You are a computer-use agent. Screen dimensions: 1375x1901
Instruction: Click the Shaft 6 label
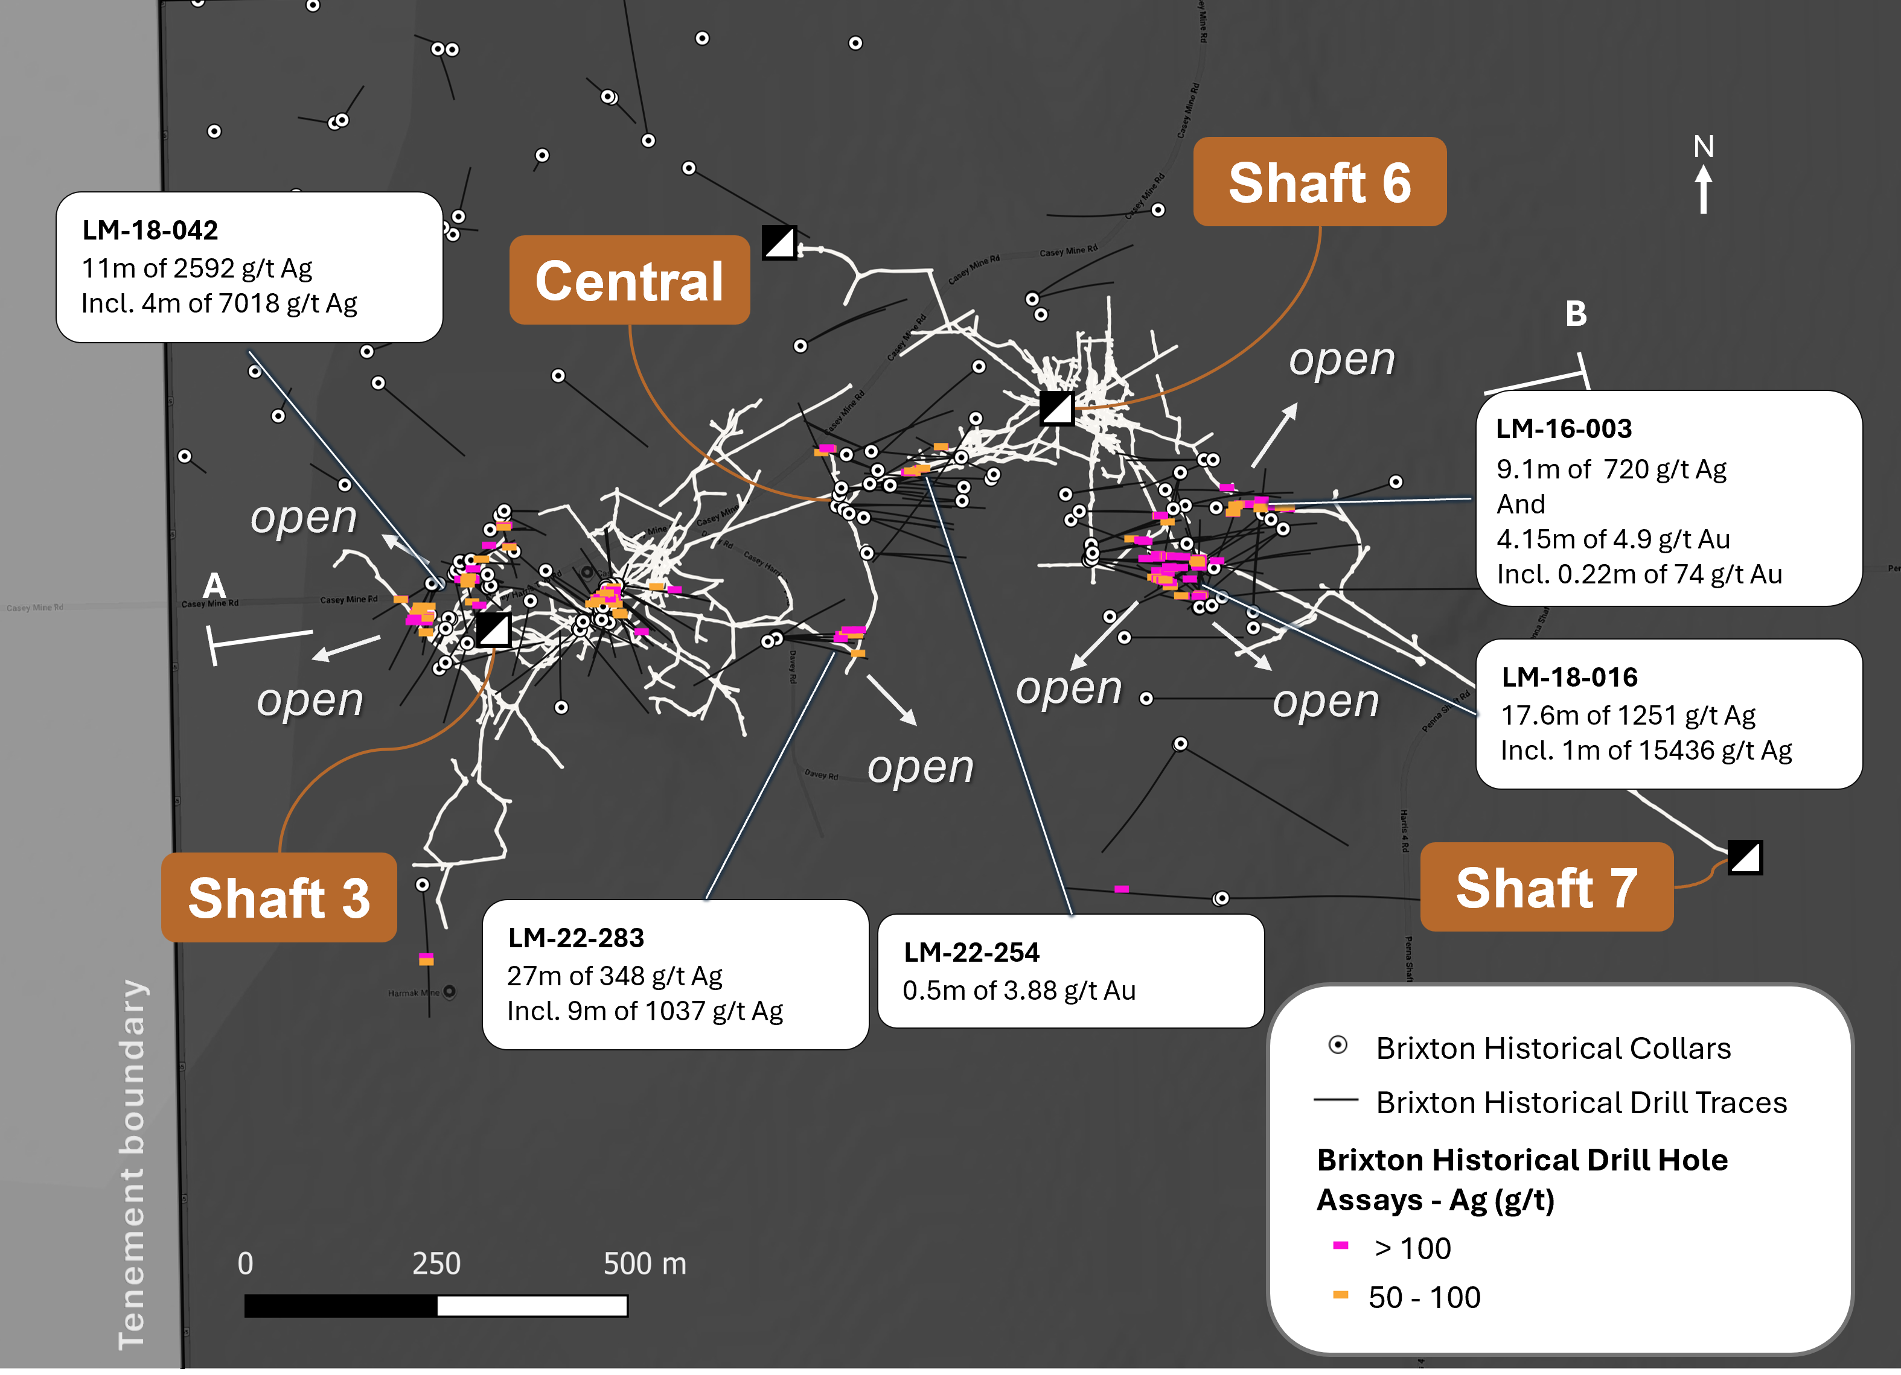1319,183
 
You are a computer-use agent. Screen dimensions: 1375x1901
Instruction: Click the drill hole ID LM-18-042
150,230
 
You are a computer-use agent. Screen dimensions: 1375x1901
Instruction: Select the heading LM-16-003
1563,428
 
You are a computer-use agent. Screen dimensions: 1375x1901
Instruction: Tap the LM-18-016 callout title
1569,676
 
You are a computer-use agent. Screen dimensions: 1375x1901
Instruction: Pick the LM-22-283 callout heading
576,937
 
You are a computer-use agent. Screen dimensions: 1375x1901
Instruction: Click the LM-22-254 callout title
971,952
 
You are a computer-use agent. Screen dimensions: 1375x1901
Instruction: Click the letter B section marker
1576,313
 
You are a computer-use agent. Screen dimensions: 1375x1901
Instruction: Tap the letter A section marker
214,585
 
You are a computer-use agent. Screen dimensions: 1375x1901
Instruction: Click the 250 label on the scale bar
436,1263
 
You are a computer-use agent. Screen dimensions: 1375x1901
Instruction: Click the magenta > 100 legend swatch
1340,1246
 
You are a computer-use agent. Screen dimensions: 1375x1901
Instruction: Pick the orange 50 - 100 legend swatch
1340,1295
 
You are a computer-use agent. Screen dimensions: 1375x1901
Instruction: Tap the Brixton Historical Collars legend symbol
1338,1045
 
